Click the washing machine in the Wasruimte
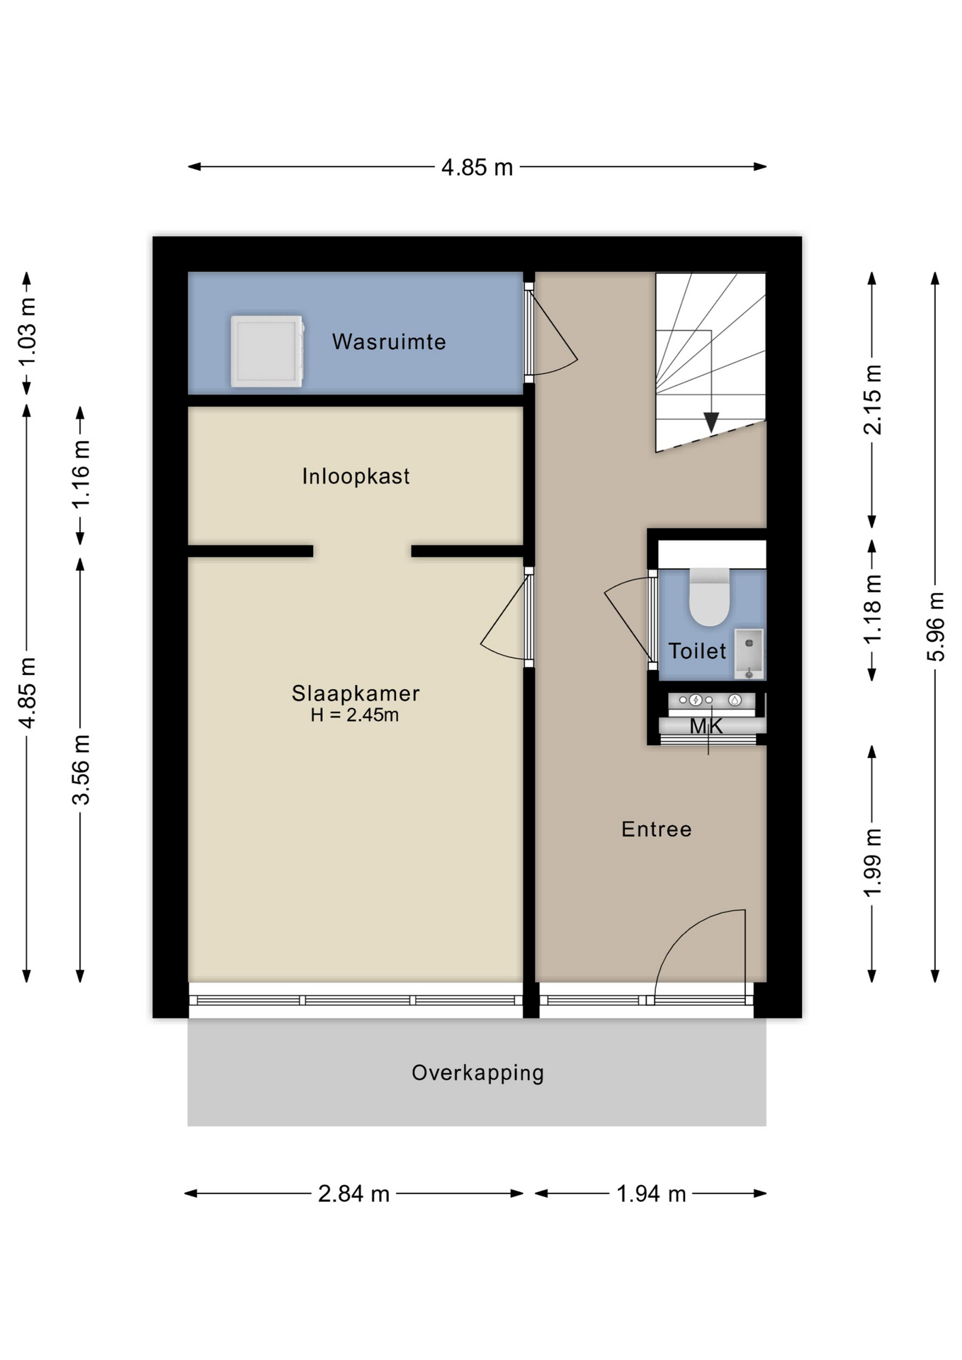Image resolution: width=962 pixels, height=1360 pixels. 267,351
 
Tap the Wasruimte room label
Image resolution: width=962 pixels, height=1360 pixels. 389,342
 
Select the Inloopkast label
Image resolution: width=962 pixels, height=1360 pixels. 356,477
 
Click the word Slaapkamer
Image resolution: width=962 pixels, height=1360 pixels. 356,693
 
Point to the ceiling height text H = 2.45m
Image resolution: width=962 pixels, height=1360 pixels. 354,715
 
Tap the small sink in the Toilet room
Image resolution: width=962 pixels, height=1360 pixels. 749,653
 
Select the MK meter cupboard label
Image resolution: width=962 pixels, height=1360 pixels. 706,726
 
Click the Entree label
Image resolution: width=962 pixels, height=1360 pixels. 656,829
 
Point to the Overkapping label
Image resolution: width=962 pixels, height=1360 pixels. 477,1073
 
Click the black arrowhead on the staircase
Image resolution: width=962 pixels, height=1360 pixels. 711,423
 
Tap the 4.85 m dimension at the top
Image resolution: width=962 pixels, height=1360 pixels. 477,167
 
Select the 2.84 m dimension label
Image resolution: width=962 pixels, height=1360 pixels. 353,1194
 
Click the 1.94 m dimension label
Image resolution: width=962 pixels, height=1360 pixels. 651,1194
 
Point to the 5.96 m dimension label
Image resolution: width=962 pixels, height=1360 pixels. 936,627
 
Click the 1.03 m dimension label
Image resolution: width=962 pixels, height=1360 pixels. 27,332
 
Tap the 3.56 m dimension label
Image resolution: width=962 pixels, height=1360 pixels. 81,770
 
